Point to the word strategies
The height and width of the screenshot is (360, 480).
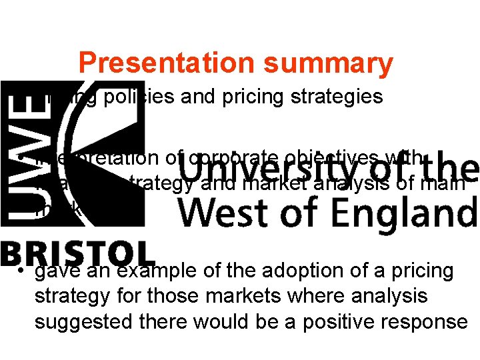pyautogui.click(x=340, y=97)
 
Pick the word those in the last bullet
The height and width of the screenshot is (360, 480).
pyautogui.click(x=174, y=297)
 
